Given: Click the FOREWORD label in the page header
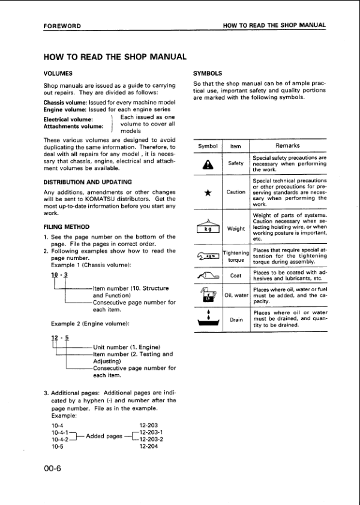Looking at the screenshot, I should pos(62,26).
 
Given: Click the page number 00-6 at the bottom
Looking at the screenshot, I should pos(53,470).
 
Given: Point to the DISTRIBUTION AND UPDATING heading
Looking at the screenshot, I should pos(88,181).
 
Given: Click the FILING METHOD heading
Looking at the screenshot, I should pos(67,227).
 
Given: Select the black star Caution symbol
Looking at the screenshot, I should pos(207,192).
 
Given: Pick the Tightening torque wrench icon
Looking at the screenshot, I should pos(207,256).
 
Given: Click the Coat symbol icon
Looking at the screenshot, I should pos(207,276).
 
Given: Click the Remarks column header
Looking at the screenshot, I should pos(287,146).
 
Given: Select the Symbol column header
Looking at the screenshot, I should pos(207,146).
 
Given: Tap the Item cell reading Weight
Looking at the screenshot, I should pos(236,228).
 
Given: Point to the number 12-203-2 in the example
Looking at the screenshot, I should pos(151,439).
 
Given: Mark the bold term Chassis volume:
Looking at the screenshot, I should pos(65,103).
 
